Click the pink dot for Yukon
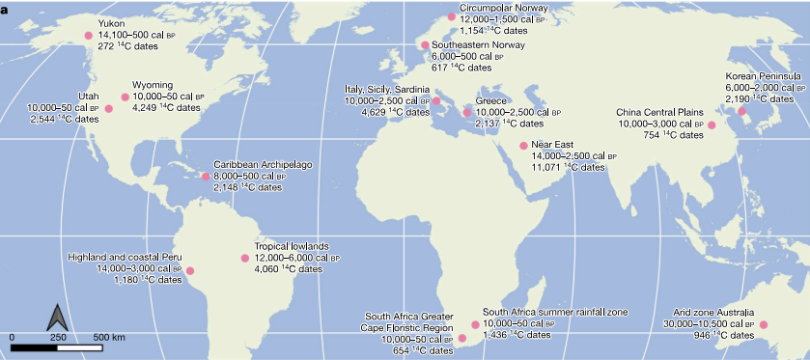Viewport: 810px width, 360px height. point(89,35)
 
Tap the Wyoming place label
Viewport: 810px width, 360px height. point(153,85)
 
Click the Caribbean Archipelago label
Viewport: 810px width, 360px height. point(263,164)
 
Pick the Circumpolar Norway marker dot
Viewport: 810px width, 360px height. point(451,16)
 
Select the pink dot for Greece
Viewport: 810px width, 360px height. point(467,113)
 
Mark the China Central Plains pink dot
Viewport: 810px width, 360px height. point(712,125)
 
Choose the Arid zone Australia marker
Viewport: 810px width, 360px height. point(763,325)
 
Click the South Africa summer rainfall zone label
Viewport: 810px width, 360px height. point(555,312)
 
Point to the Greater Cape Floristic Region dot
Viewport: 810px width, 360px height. point(461,338)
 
